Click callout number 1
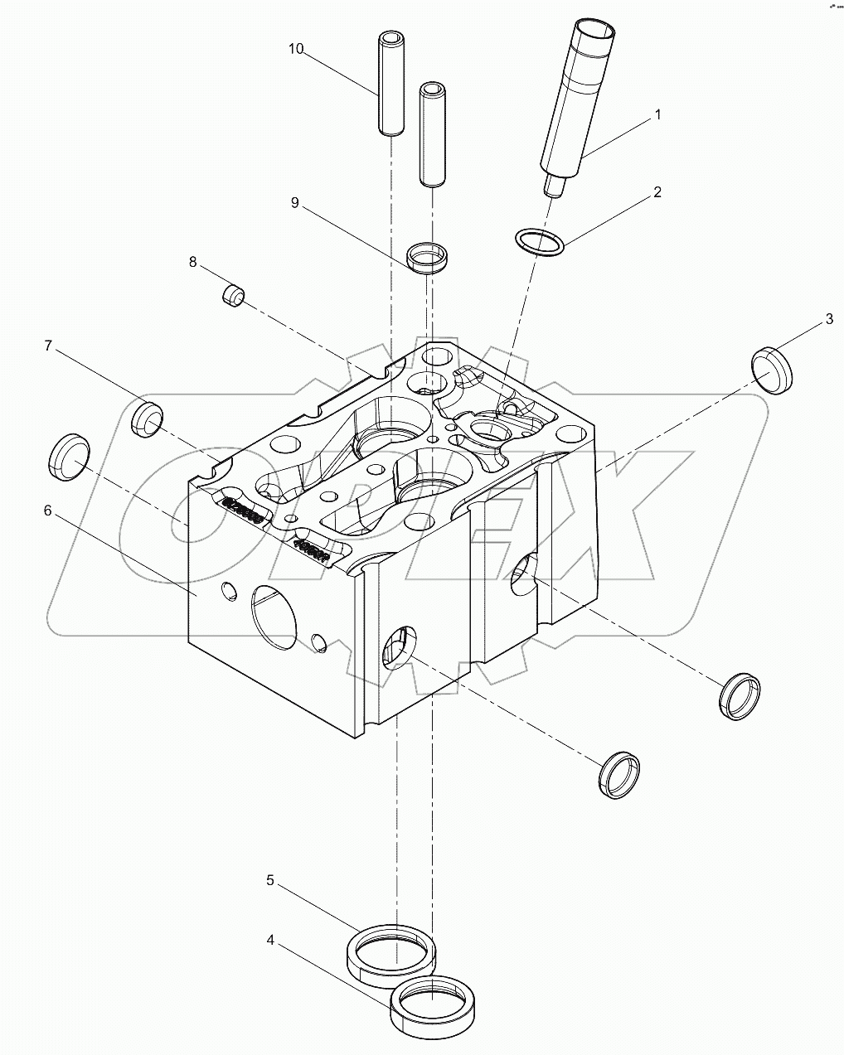point(658,115)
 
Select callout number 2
point(657,192)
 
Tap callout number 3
point(828,319)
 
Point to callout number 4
point(270,941)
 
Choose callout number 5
point(270,880)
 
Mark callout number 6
point(47,511)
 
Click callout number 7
point(48,346)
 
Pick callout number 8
point(193,262)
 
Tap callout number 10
point(296,49)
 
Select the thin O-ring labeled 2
point(540,243)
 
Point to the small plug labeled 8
point(233,295)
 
